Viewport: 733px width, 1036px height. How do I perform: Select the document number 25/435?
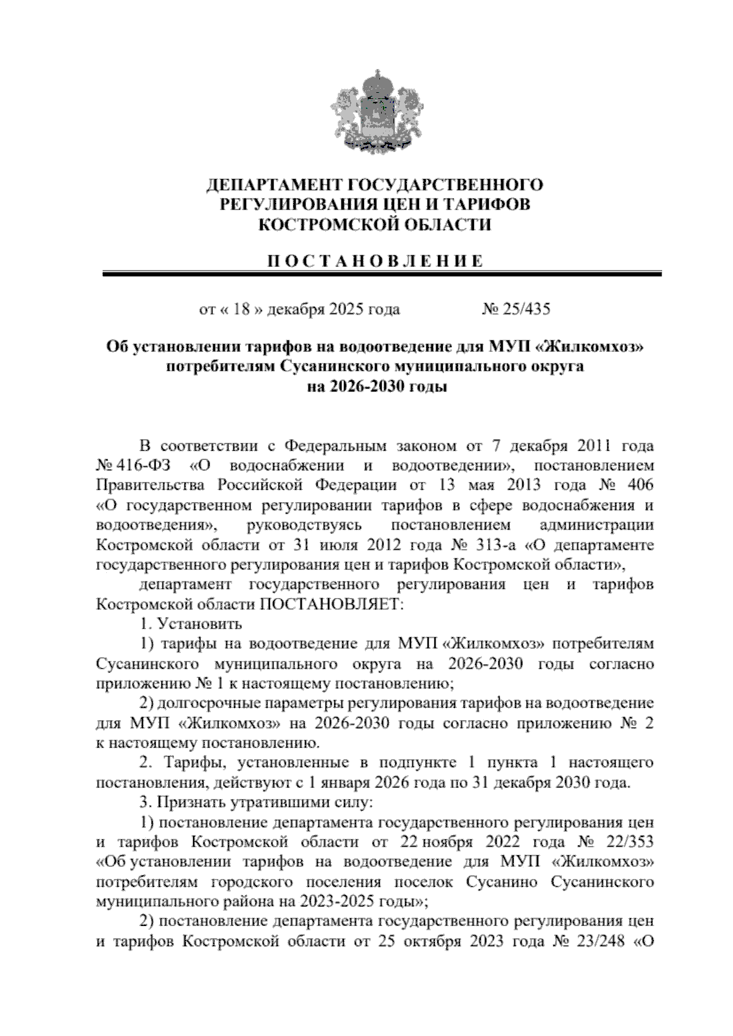coord(526,309)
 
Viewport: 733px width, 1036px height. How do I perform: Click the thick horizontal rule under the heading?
coord(382,275)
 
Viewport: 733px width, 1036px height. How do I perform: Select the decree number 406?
coord(638,485)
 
